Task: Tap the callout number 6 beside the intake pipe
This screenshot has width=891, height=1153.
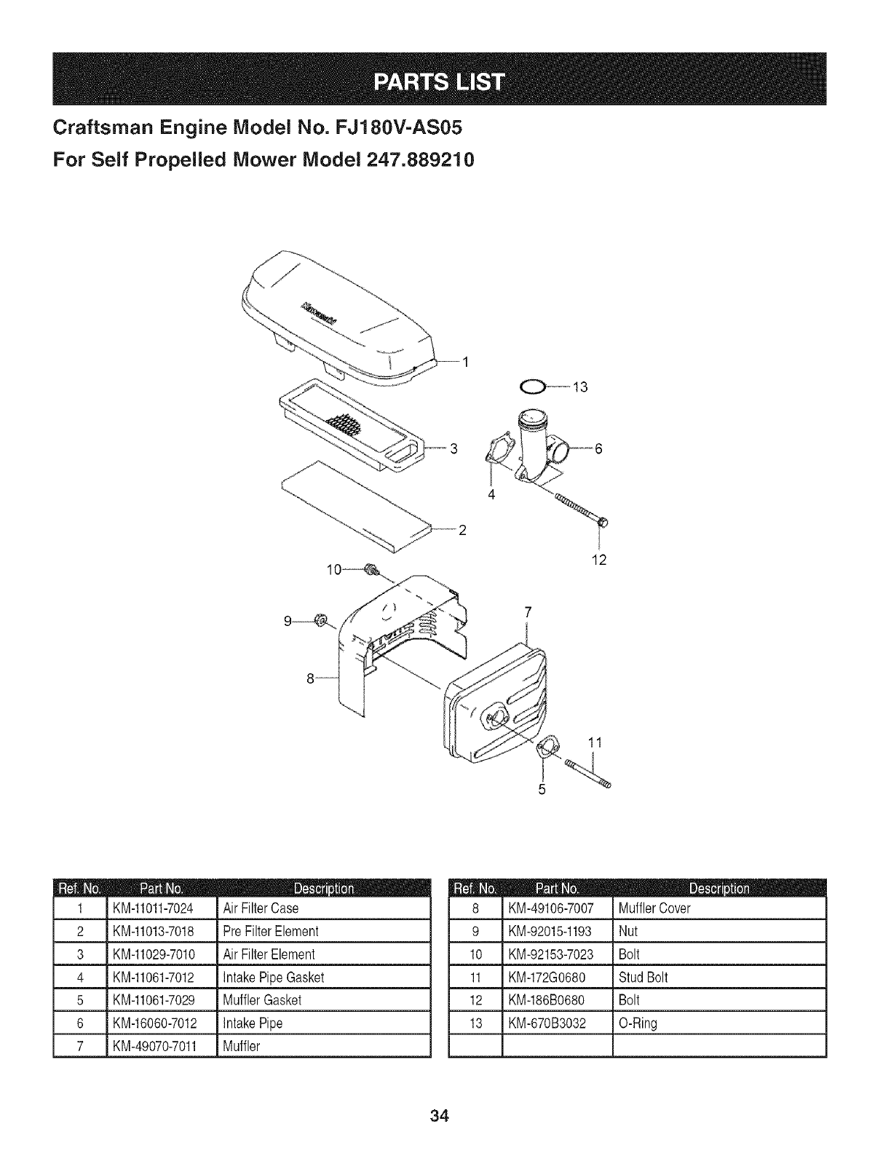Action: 598,448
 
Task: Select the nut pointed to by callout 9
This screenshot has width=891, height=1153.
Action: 319,620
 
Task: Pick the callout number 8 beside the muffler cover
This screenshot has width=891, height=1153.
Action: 310,679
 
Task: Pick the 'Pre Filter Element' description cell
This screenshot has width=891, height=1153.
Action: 271,932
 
